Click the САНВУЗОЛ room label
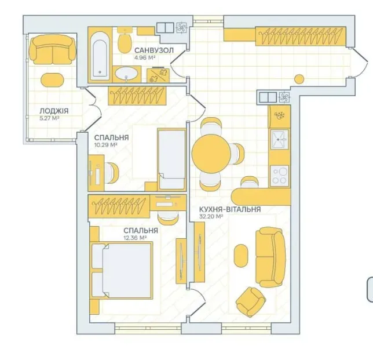pos(154,50)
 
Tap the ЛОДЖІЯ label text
pos(54,111)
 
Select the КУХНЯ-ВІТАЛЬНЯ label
pos(230,209)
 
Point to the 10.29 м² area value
pos(106,145)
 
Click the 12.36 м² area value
pos(135,238)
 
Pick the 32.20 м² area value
pos(211,216)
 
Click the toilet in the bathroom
pos(125,39)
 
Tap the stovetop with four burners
pos(279,176)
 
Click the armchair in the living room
pos(250,301)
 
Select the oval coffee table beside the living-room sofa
pos(241,256)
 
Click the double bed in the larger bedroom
pos(122,271)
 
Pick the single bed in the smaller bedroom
pos(172,159)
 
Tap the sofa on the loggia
pos(53,49)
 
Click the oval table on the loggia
pos(52,80)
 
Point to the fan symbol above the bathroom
pos(182,28)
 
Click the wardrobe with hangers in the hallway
pos(301,36)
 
